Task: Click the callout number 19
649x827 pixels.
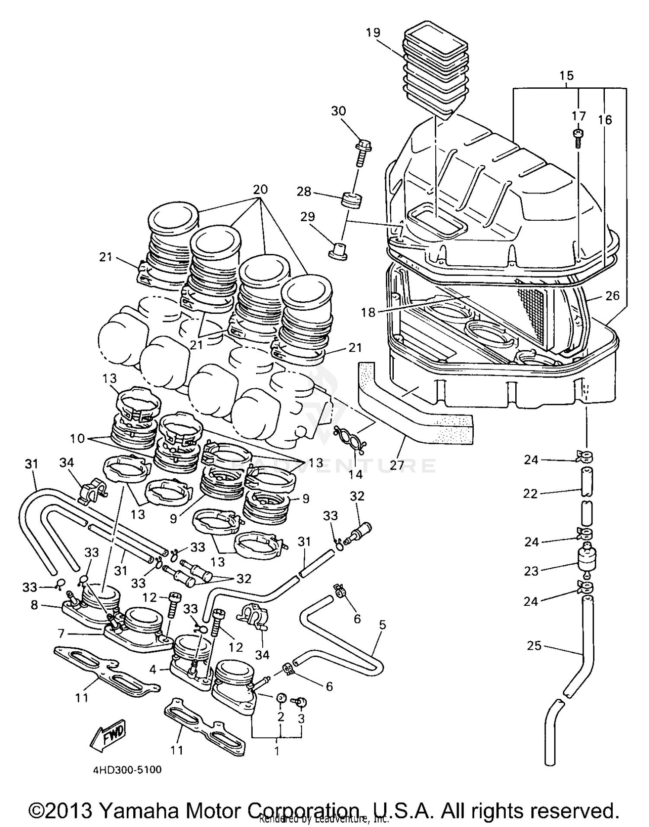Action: click(x=373, y=32)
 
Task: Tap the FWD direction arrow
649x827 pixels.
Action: click(x=109, y=733)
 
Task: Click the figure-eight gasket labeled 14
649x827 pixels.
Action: click(x=350, y=440)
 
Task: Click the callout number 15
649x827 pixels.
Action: click(x=566, y=76)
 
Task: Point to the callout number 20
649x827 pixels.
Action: click(x=260, y=190)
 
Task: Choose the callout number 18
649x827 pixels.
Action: click(x=368, y=312)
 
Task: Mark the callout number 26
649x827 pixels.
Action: click(x=613, y=296)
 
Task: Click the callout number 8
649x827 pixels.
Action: click(x=35, y=605)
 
